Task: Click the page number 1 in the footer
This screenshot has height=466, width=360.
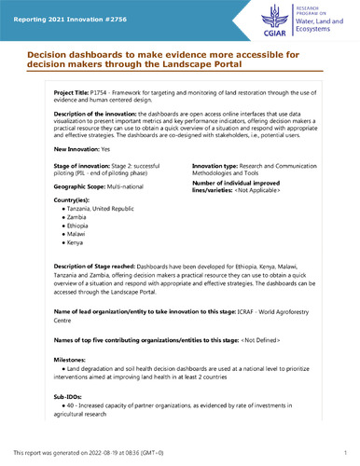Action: pyautogui.click(x=344, y=451)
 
